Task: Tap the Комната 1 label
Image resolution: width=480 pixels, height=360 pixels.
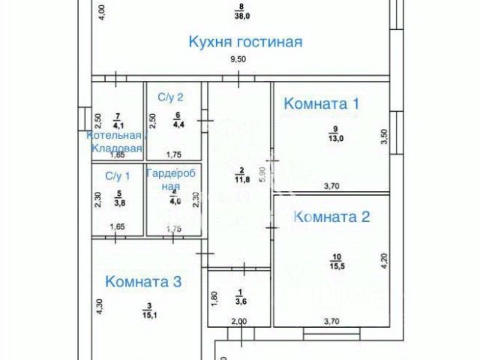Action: coord(321,104)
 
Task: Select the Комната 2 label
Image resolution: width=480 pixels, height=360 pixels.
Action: coord(331,217)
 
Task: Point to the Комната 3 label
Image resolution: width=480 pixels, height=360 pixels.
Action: coord(143,282)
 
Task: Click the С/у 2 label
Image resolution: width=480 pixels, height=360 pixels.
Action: coord(170,97)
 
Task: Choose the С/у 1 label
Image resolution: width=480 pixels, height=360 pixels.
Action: coord(117,176)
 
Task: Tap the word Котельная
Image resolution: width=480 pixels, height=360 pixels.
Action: coord(114,136)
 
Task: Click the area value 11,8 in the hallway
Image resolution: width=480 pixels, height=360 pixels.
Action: coord(242,179)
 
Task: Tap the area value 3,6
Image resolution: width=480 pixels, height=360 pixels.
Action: coord(241,301)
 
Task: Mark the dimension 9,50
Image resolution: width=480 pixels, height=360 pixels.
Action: coord(238,59)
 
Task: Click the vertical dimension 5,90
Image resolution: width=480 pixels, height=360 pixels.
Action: coord(262,175)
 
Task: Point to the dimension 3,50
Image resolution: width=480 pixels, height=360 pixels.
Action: coord(384,136)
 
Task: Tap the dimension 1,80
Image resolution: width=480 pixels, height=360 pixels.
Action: coord(214,298)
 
